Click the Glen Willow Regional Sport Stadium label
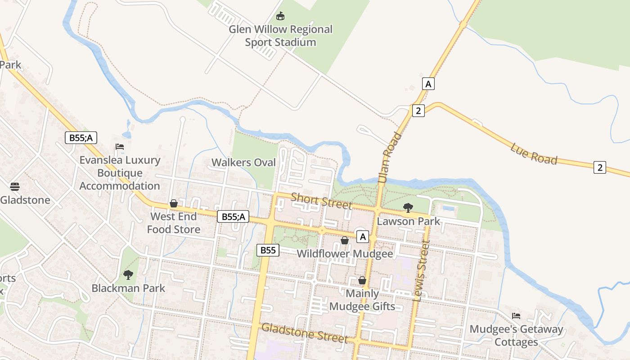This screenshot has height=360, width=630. (x=281, y=36)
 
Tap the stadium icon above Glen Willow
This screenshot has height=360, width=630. (x=281, y=17)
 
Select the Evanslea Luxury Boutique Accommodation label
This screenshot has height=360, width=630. (x=120, y=173)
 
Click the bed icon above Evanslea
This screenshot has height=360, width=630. (x=120, y=147)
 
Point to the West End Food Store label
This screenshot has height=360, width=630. (x=174, y=223)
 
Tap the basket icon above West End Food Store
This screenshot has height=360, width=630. (x=174, y=204)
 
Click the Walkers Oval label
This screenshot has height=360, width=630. (x=243, y=162)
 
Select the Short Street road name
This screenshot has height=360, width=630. (x=321, y=201)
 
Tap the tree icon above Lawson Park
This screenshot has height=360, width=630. (x=408, y=207)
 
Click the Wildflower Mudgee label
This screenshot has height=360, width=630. (x=345, y=254)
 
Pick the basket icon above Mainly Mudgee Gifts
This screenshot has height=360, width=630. (x=362, y=281)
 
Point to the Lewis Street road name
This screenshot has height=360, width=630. (x=422, y=270)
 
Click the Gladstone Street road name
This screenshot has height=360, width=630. (x=305, y=333)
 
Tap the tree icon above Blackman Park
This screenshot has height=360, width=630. (x=128, y=274)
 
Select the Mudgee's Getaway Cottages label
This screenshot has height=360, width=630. (x=516, y=335)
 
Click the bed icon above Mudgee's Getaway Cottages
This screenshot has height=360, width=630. (x=516, y=316)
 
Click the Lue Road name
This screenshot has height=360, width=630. (x=534, y=153)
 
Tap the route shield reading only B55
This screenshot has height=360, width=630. (x=268, y=250)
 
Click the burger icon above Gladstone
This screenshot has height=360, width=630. (x=15, y=187)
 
